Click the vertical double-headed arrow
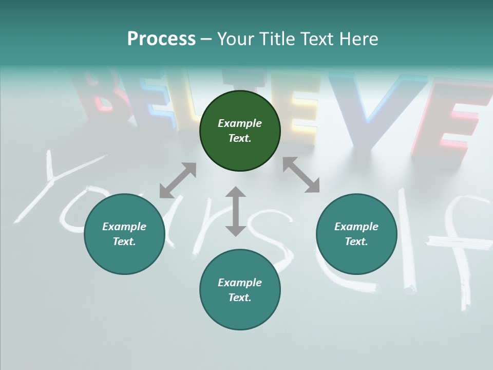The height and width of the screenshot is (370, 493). [235, 211]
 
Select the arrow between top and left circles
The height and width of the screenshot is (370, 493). [178, 180]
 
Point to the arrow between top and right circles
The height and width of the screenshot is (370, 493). [301, 175]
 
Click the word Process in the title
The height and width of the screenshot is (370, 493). [161, 39]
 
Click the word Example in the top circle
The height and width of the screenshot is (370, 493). [240, 123]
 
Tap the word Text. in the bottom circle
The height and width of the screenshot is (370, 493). [240, 298]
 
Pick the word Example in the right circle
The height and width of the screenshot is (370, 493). [356, 227]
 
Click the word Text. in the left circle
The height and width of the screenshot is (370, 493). [124, 242]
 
